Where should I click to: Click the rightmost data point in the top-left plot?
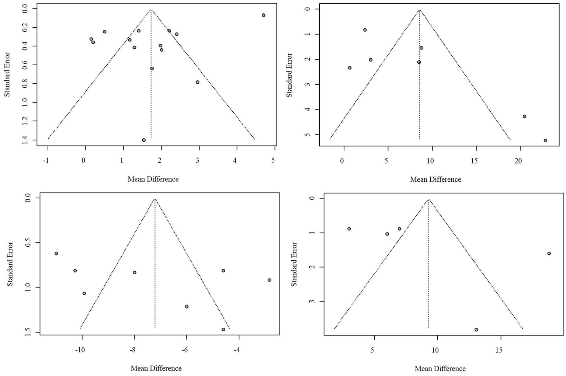[x=263, y=15]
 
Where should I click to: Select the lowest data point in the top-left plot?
[x=144, y=140]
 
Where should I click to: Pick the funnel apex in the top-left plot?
[x=151, y=10]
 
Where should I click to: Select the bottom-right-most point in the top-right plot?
[x=545, y=140]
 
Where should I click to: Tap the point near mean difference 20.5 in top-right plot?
[x=524, y=116]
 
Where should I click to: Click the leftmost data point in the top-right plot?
[x=350, y=68]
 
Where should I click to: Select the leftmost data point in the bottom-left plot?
[x=56, y=253]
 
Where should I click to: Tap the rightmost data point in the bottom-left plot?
[x=270, y=280]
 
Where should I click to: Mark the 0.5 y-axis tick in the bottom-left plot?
[x=27, y=243]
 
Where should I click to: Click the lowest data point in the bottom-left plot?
[x=223, y=330]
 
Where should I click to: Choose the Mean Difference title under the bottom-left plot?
[x=156, y=368]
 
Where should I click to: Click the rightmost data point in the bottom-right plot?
[x=549, y=253]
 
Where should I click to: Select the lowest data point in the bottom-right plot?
[x=476, y=330]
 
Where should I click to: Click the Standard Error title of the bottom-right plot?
[x=294, y=264]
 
